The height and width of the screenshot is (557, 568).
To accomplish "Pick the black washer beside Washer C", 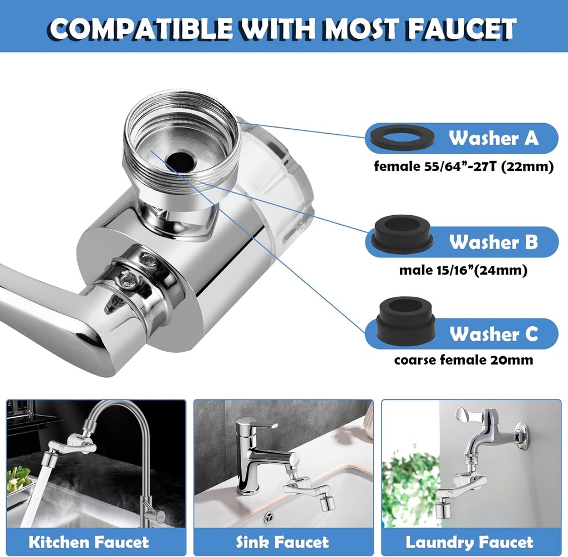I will click(x=403, y=322).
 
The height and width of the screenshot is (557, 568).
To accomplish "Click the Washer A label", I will click(x=493, y=138).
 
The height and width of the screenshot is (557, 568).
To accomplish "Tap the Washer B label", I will click(x=493, y=242).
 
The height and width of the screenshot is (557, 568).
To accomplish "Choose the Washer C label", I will click(x=493, y=334).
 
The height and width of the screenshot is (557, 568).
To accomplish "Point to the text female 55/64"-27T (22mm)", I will click(x=463, y=166).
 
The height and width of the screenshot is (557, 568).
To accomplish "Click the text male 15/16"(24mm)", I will click(x=463, y=271).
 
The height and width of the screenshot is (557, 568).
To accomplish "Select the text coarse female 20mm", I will click(x=463, y=360).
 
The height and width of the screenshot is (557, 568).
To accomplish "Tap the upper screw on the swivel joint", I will click(x=147, y=259).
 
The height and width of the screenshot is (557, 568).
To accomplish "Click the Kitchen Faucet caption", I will click(x=89, y=542).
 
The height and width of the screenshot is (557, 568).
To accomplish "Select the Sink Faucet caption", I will click(x=282, y=542).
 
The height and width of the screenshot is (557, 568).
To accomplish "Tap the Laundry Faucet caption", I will click(x=469, y=542).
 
